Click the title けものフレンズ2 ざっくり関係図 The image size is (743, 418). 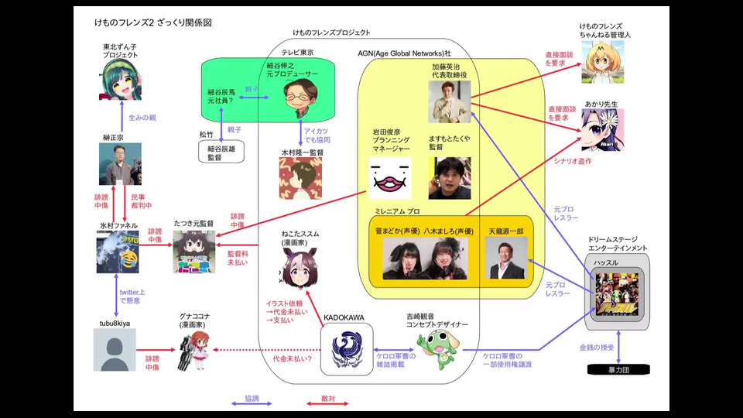tap(152, 22)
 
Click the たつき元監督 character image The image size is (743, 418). tap(193, 252)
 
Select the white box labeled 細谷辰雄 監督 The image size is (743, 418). tap(221, 152)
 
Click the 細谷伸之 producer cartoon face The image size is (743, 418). tap(297, 100)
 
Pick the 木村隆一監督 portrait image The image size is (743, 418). tap(300, 179)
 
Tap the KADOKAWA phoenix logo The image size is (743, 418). tap(344, 352)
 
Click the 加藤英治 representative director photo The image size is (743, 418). tap(451, 102)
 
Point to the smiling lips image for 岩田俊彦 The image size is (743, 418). tap(389, 178)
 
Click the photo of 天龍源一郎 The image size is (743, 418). tap(506, 258)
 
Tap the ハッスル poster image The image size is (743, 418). tap(615, 296)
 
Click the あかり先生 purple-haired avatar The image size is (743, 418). tap(603, 130)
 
